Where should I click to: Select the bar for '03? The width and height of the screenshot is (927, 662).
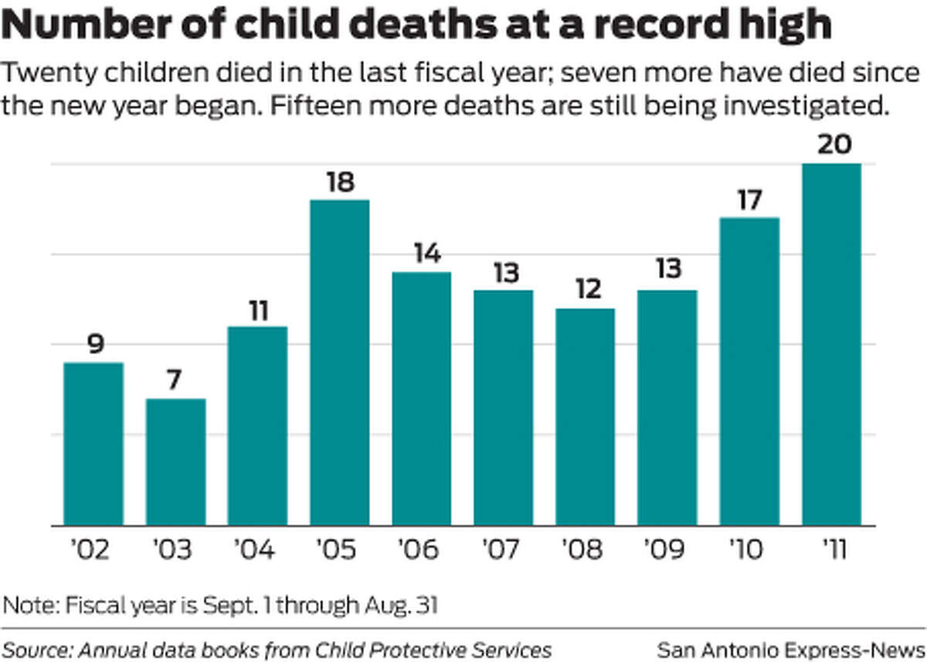pos(175,462)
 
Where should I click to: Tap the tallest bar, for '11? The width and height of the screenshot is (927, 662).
pos(831,344)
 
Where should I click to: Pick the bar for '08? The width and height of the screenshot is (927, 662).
pos(585,417)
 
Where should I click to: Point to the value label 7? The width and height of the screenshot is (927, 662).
pos(175,381)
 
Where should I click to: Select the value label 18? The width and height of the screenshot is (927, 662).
pos(339,183)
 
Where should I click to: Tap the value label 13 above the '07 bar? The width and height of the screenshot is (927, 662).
pos(503,273)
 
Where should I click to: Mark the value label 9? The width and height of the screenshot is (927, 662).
pos(94,345)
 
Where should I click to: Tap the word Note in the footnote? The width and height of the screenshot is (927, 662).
pos(23,603)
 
